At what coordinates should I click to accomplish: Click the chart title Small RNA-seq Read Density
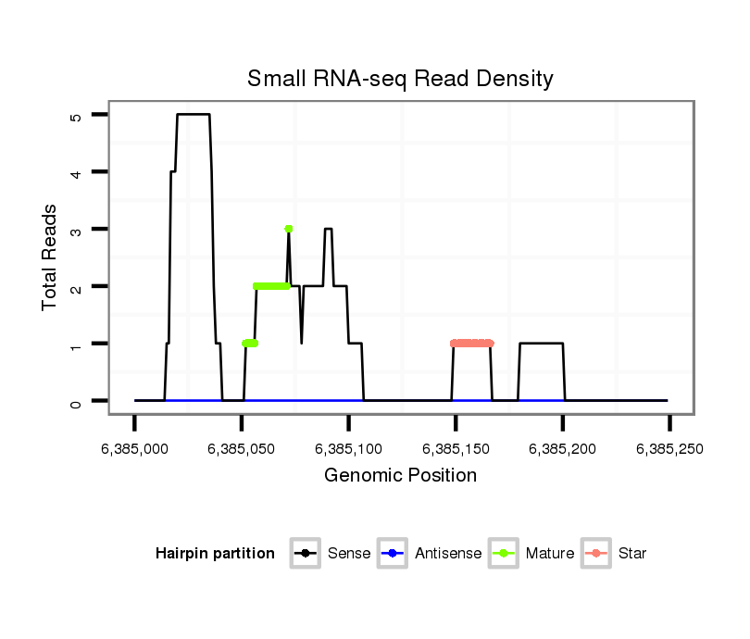400,79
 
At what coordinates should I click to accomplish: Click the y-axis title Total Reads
50,257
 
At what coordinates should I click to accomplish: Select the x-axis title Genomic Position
400,476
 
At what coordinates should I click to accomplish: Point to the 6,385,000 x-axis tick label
134,449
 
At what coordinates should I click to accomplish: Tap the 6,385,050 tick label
241,449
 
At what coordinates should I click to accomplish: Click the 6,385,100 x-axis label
348,449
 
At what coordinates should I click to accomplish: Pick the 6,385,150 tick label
456,449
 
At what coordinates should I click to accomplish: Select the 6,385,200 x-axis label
563,449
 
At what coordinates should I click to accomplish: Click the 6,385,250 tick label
669,449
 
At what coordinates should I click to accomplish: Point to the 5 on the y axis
76,115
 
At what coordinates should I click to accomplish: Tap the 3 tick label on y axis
76,230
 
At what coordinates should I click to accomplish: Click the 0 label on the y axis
76,401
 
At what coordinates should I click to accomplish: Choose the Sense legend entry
349,554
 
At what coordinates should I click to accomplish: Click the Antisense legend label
448,554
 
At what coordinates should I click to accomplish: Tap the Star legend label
632,554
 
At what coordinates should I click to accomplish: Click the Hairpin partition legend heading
216,554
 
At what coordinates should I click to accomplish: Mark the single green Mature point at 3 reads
289,229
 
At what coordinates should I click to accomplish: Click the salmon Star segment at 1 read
472,344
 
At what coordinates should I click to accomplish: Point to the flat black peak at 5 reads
194,115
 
